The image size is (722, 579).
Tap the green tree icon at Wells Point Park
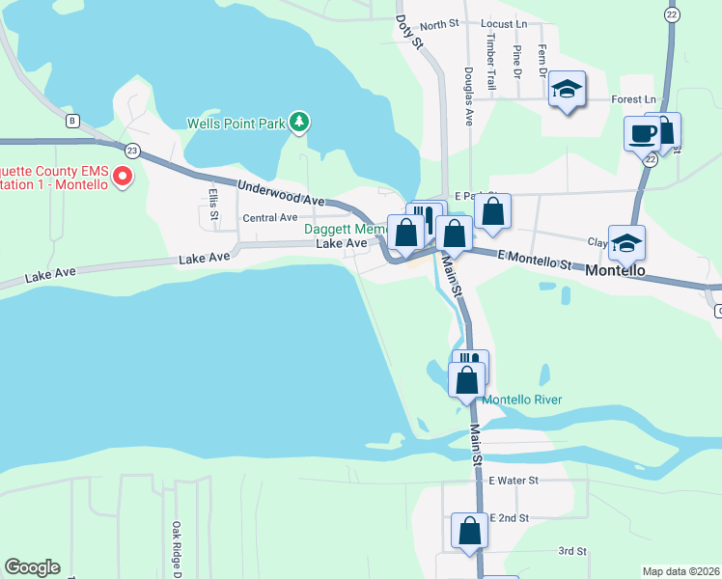pyautogui.click(x=300, y=122)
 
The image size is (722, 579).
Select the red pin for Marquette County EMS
pyautogui.click(x=123, y=176)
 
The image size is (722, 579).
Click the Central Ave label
pyautogui.click(x=269, y=218)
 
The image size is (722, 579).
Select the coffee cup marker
pyautogui.click(x=641, y=133)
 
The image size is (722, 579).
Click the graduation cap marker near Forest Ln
pyautogui.click(x=568, y=90)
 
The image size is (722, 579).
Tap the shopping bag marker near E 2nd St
pyautogui.click(x=469, y=530)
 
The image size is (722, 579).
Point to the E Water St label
pyautogui.click(x=513, y=480)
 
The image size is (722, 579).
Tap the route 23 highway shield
pyautogui.click(x=132, y=150)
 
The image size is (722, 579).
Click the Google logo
pyautogui.click(x=32, y=567)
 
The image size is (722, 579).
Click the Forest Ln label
pyautogui.click(x=635, y=99)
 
